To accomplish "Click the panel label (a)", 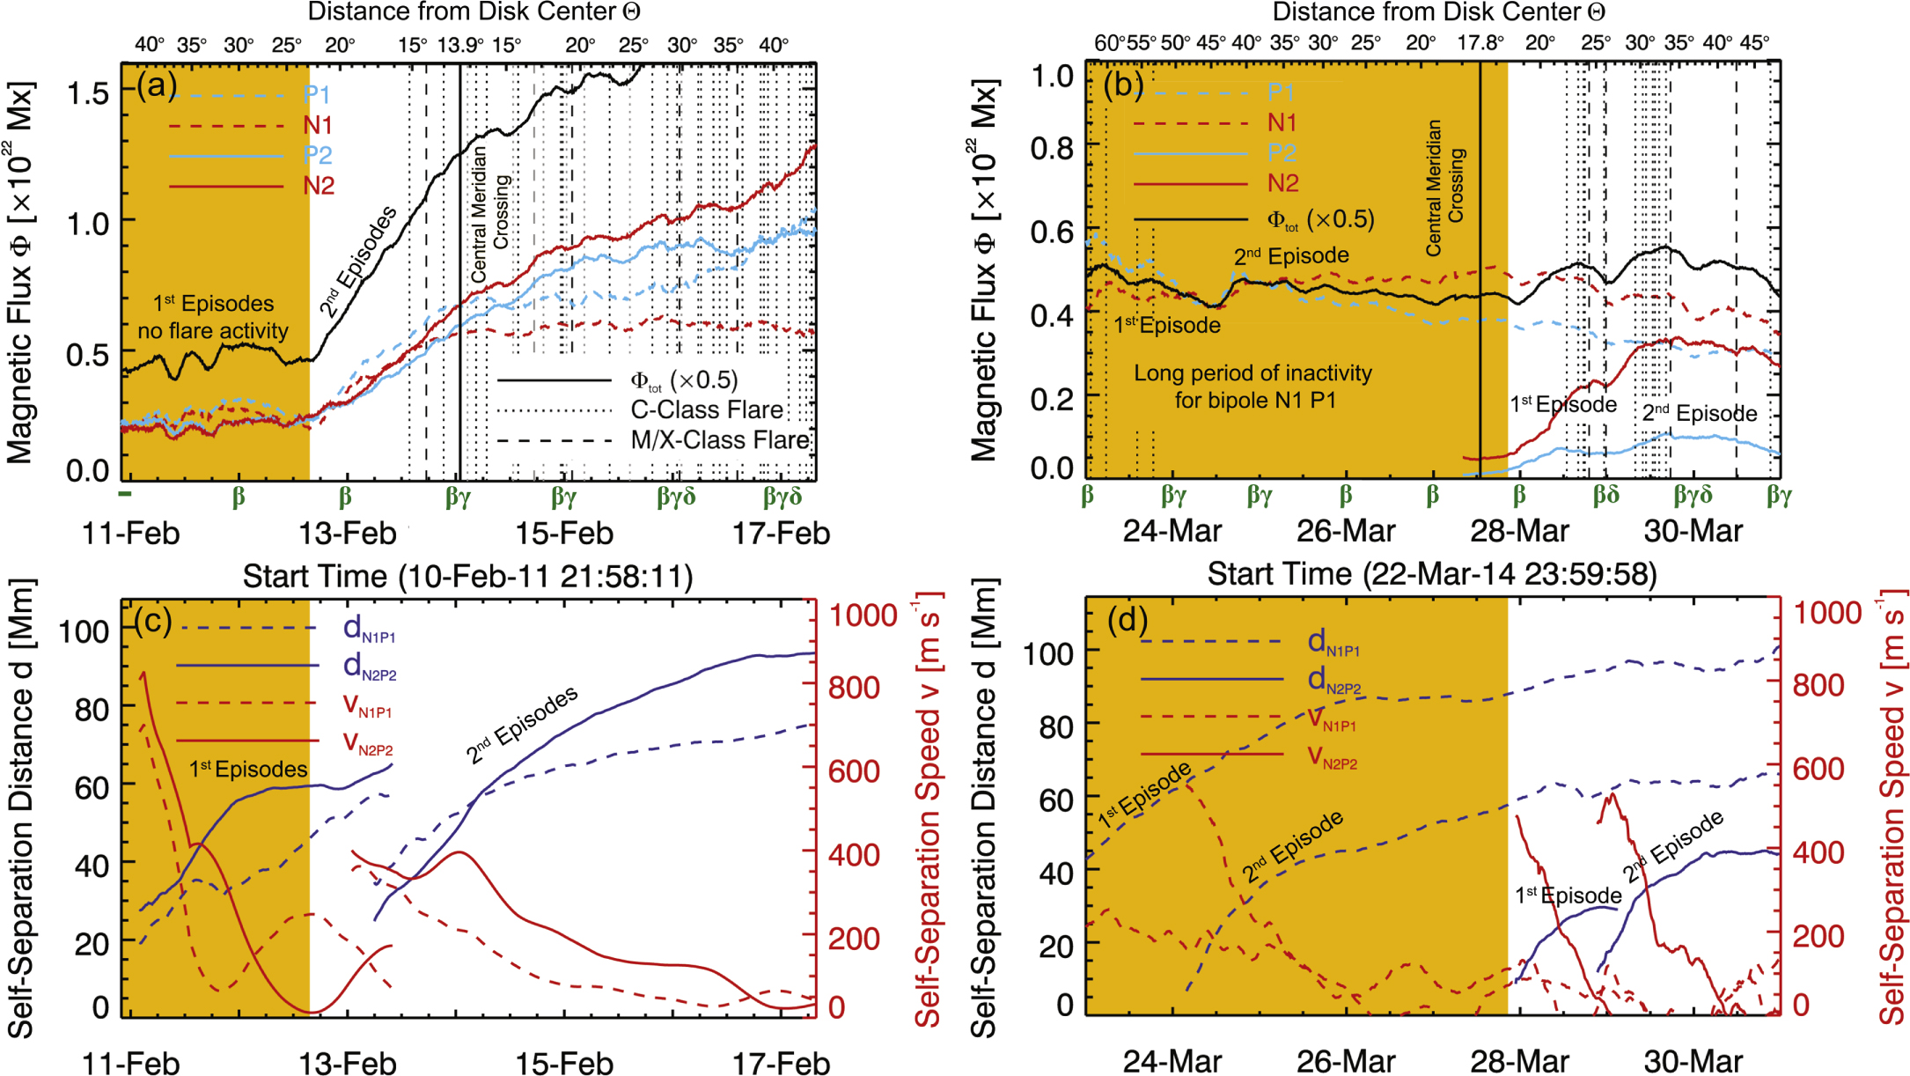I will pyautogui.click(x=157, y=86).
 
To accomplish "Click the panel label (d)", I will pyautogui.click(x=1128, y=621).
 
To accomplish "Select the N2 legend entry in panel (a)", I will pyautogui.click(x=319, y=186).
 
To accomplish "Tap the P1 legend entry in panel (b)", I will pyautogui.click(x=1281, y=92).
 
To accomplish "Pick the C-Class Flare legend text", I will pyautogui.click(x=707, y=410).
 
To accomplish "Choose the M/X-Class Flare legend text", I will pyautogui.click(x=720, y=440).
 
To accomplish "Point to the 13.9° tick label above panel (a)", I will pyautogui.click(x=460, y=45).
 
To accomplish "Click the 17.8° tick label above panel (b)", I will pyautogui.click(x=1480, y=43).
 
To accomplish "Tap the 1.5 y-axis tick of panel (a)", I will pyautogui.click(x=88, y=92).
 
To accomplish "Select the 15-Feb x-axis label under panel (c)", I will pyautogui.click(x=564, y=1063).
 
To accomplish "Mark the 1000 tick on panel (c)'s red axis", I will pyautogui.click(x=863, y=615).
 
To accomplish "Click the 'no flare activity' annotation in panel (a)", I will pyautogui.click(x=213, y=331).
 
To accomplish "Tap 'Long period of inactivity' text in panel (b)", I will pyautogui.click(x=1253, y=373).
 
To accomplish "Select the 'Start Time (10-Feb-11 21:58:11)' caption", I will pyautogui.click(x=467, y=577).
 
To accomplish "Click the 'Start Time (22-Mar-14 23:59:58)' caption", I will pyautogui.click(x=1432, y=574).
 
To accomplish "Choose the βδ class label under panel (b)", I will pyautogui.click(x=1606, y=495).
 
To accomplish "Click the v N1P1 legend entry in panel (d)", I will pyautogui.click(x=1332, y=720).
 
